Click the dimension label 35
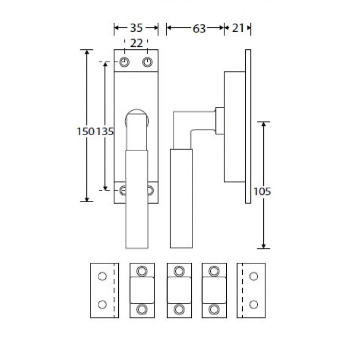click(136, 28)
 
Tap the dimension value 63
click(199, 29)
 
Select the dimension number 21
click(238, 28)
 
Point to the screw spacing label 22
click(136, 43)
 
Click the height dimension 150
click(85, 132)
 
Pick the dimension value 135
click(105, 132)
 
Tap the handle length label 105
click(262, 191)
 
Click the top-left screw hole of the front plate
click(124, 62)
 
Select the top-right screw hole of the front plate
click(148, 62)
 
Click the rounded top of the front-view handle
click(137, 110)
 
